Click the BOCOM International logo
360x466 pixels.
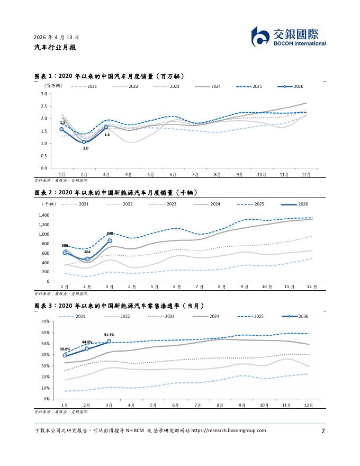[x=289, y=37]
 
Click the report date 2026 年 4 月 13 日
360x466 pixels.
[x=57, y=38]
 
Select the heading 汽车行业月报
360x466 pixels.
[x=55, y=47]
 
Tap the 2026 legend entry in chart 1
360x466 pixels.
[x=290, y=86]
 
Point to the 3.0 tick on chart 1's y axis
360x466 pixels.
[x=44, y=94]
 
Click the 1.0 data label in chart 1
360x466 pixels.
[x=86, y=148]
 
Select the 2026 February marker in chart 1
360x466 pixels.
[x=84, y=142]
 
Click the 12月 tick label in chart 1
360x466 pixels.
[x=306, y=174]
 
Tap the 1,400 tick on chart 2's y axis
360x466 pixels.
[x=44, y=215]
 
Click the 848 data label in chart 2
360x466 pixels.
[x=110, y=234]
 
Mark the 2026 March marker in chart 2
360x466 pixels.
[x=110, y=241]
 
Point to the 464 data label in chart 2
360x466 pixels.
[x=87, y=252]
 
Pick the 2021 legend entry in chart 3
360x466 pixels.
[x=72, y=317]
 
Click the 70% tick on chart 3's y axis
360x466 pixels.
[x=46, y=321]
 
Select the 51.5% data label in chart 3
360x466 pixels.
[x=109, y=335]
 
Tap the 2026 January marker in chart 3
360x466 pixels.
[x=65, y=355]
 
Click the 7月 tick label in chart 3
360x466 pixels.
[x=197, y=406]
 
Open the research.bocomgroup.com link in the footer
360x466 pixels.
[x=228, y=431]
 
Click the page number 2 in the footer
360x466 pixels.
[x=323, y=431]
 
